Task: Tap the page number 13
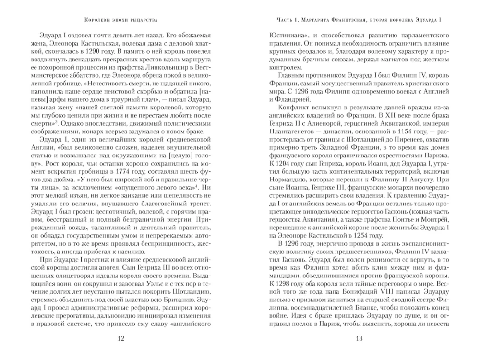coord(360,339)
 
